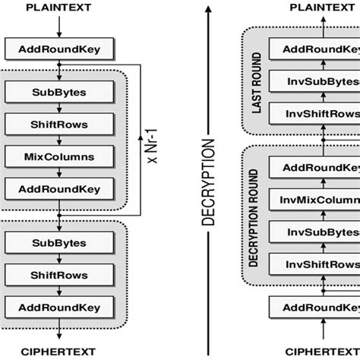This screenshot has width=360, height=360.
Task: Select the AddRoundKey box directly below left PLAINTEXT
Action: click(59, 50)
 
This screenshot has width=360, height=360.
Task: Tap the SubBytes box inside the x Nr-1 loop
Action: click(59, 92)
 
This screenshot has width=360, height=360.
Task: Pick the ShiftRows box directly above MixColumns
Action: click(59, 125)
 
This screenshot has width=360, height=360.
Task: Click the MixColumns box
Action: click(59, 156)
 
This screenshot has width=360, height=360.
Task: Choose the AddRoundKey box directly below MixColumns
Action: click(59, 188)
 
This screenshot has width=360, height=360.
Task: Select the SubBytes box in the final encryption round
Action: click(59, 242)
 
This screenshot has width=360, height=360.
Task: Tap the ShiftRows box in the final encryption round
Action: click(59, 274)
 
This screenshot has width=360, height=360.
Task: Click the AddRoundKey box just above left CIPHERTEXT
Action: click(59, 306)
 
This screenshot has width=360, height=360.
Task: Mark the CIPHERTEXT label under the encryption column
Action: click(59, 351)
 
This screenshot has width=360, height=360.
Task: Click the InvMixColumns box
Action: click(319, 199)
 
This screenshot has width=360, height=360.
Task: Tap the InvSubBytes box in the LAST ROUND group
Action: click(319, 81)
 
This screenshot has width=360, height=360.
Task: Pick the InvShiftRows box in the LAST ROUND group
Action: click(319, 113)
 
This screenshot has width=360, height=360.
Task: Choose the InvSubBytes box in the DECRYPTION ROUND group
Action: click(319, 232)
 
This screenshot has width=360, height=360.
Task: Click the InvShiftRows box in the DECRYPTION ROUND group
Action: click(319, 264)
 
